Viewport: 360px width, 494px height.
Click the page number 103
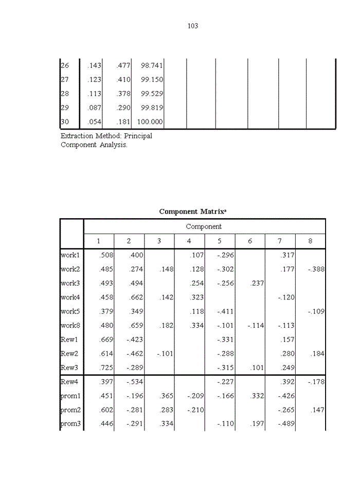[x=193, y=26]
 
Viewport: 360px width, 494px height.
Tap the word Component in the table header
[x=204, y=226]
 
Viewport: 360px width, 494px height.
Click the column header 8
[x=310, y=241]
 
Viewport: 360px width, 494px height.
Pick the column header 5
[x=220, y=241]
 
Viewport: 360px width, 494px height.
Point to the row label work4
[x=70, y=297]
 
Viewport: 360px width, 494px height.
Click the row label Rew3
[x=69, y=368]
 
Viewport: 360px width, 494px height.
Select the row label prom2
[x=71, y=410]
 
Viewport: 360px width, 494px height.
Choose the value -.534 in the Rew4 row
[x=135, y=382]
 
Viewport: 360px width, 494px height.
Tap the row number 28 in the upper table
[x=65, y=94]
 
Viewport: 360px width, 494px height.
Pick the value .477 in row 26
[x=123, y=65]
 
